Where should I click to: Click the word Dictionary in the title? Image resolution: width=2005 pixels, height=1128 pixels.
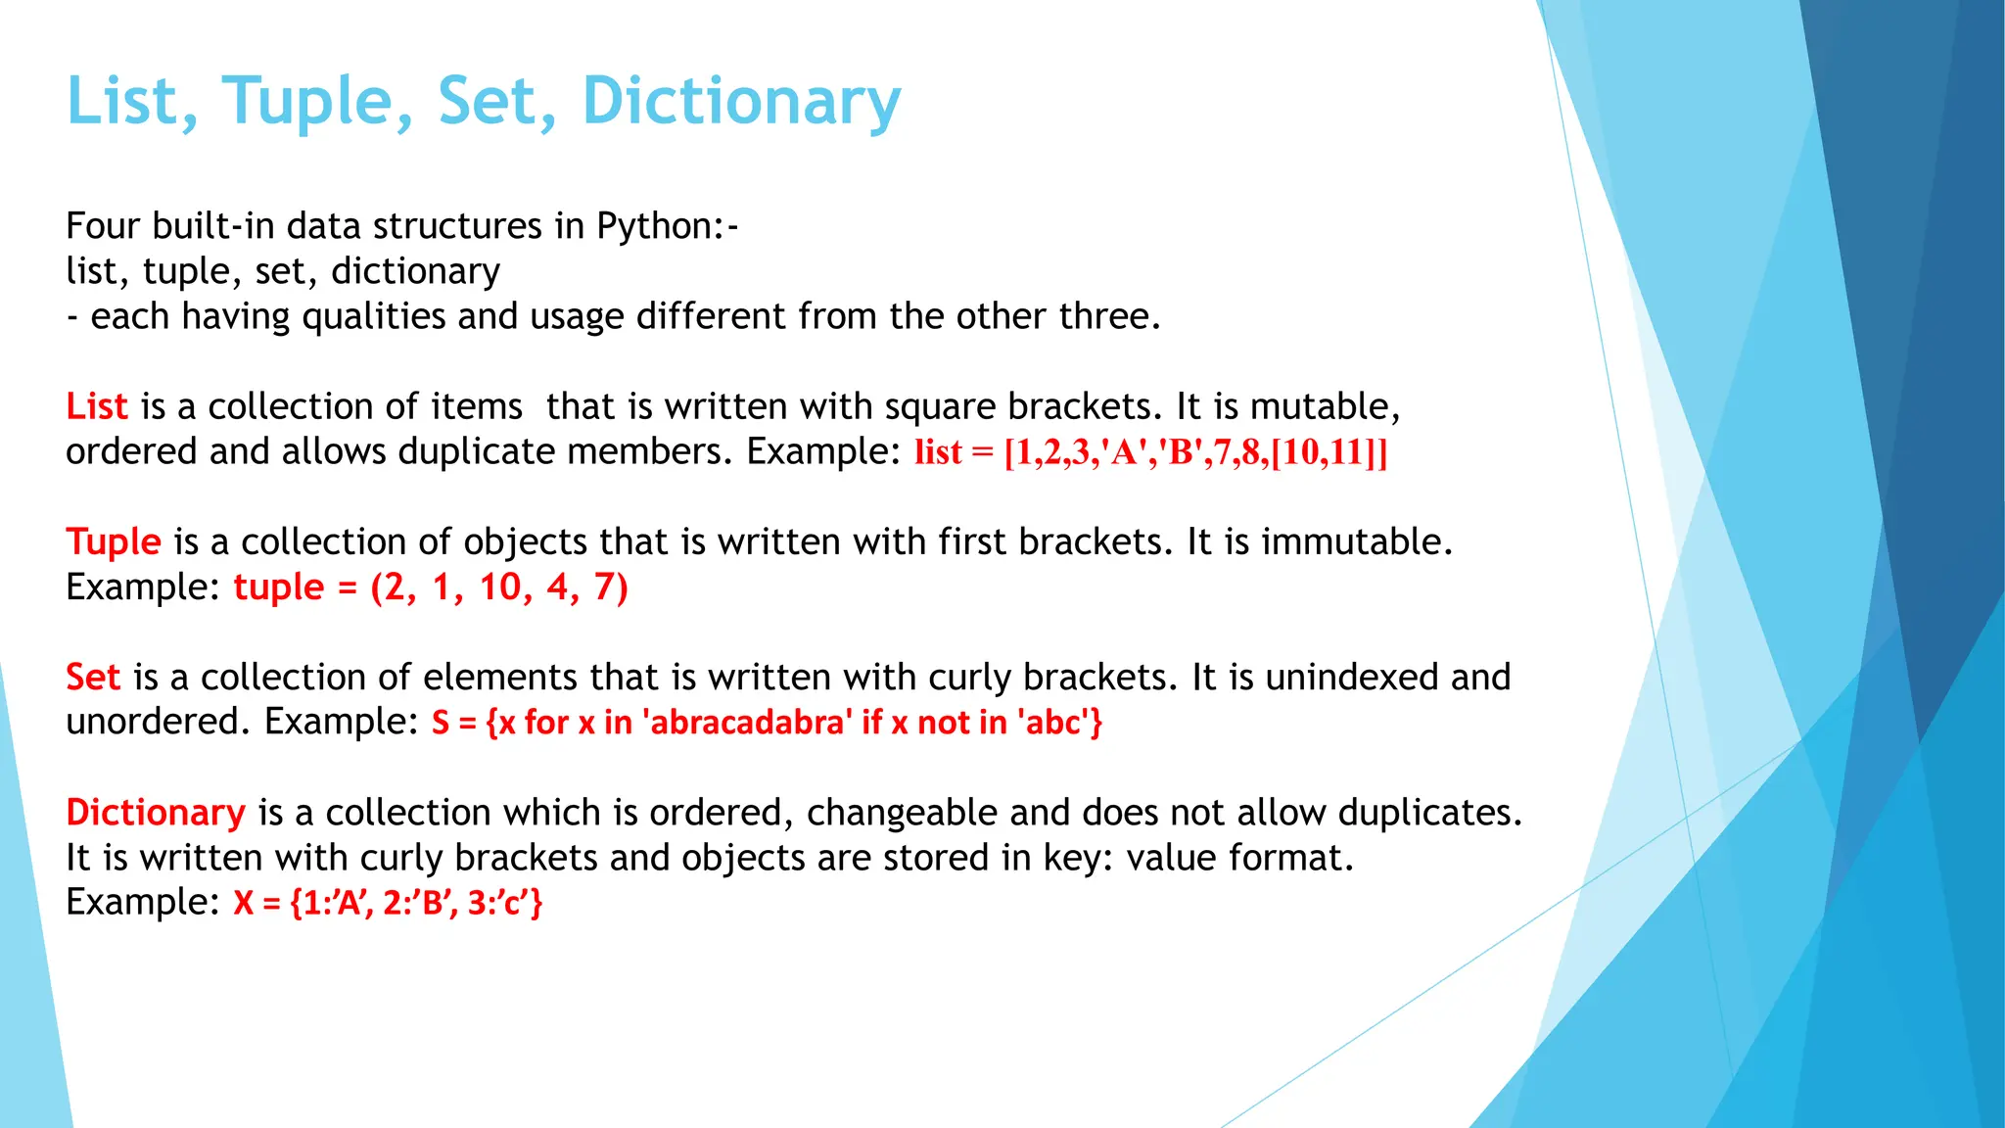741,101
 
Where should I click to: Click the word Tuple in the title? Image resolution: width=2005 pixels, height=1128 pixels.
307,101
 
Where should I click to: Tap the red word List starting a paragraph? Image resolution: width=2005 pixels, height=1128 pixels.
97,406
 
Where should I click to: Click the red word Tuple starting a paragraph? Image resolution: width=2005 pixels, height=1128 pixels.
114,541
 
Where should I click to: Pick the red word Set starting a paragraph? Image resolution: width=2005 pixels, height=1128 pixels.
93,677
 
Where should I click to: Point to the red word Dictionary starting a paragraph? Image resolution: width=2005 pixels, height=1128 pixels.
156,813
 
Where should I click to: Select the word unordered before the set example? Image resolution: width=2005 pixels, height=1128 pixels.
154,723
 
